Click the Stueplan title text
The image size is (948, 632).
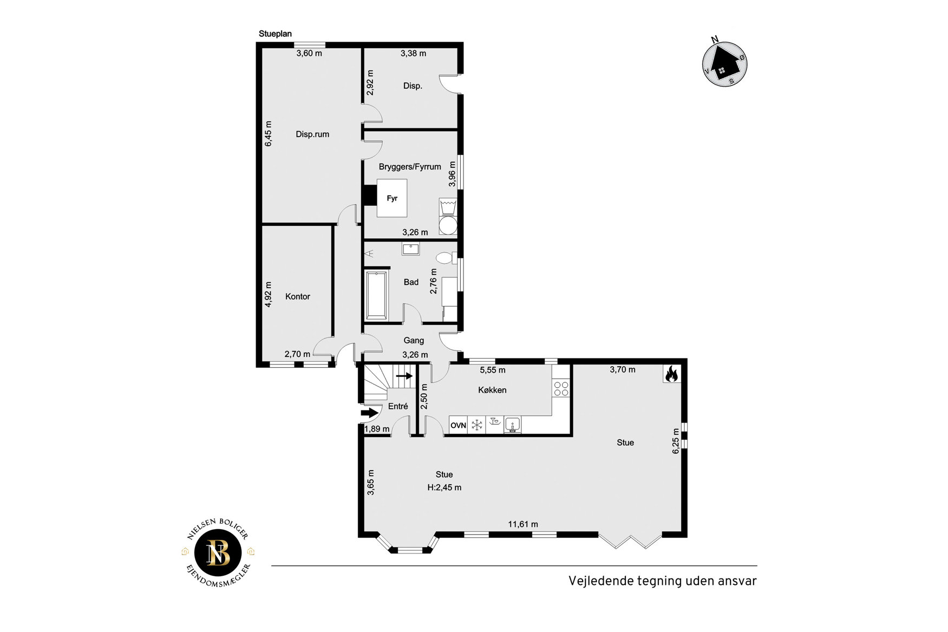pos(275,34)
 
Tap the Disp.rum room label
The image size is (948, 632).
pos(312,134)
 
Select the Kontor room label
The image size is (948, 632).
pos(298,296)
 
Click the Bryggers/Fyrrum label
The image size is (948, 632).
pos(410,167)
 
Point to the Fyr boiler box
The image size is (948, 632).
pos(392,198)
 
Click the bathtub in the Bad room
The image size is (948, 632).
pos(376,296)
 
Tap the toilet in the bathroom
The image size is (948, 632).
pos(446,258)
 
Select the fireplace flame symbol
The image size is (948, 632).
pos(671,374)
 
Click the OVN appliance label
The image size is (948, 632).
pos(458,426)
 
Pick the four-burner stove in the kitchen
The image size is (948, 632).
pos(561,388)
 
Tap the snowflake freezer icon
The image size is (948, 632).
pos(476,425)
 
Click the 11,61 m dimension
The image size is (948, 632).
pos(523,524)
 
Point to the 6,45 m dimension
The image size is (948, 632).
pos(269,133)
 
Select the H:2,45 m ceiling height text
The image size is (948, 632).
pos(444,487)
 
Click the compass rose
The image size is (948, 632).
pos(725,64)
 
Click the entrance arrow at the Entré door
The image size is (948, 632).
pos(369,413)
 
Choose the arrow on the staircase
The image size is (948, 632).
pos(404,375)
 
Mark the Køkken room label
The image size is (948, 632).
pos(492,390)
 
